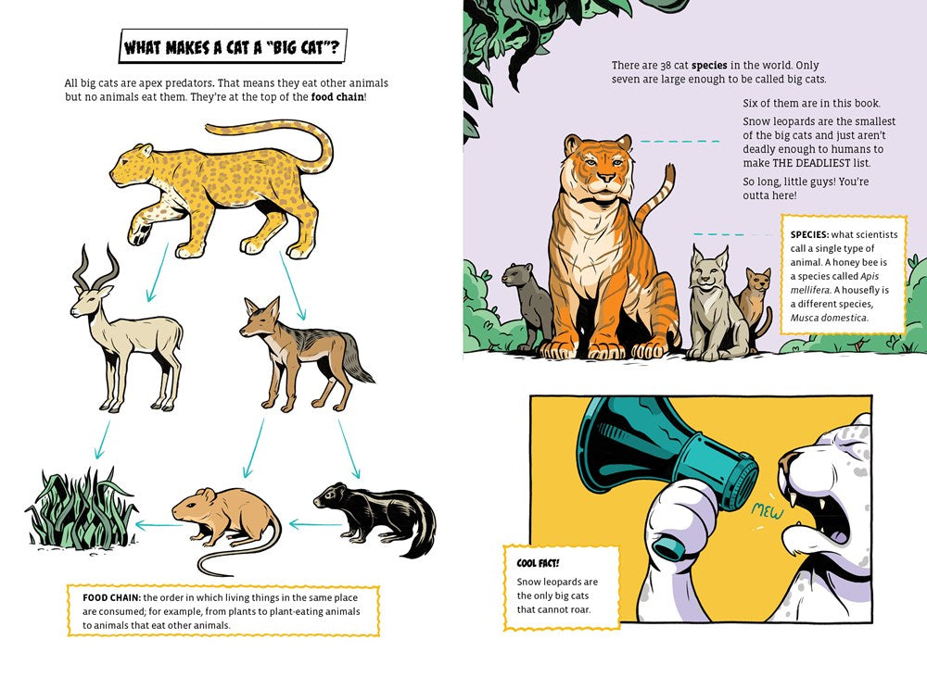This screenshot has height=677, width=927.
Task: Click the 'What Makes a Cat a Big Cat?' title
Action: pos(233,46)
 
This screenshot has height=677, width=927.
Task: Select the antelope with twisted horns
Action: pos(125,329)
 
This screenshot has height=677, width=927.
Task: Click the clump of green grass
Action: pos(82,508)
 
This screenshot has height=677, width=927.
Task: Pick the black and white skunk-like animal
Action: pos(375,517)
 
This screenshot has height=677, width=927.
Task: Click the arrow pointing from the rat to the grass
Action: pos(159,524)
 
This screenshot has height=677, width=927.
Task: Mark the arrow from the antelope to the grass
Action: pos(102,440)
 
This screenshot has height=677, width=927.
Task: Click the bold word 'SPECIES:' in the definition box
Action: pos(809,234)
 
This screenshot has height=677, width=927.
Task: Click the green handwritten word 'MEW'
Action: pos(767,511)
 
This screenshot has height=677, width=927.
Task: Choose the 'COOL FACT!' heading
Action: pos(538,563)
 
